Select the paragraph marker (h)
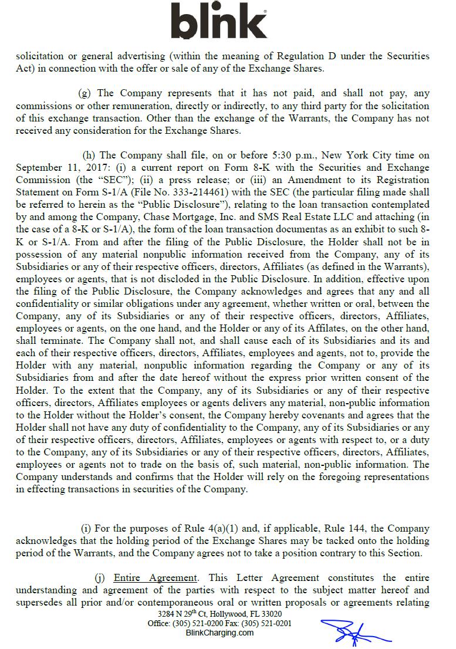[x=89, y=156]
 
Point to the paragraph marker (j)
[x=100, y=578]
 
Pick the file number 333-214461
[x=203, y=192]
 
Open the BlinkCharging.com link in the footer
[x=219, y=633]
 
